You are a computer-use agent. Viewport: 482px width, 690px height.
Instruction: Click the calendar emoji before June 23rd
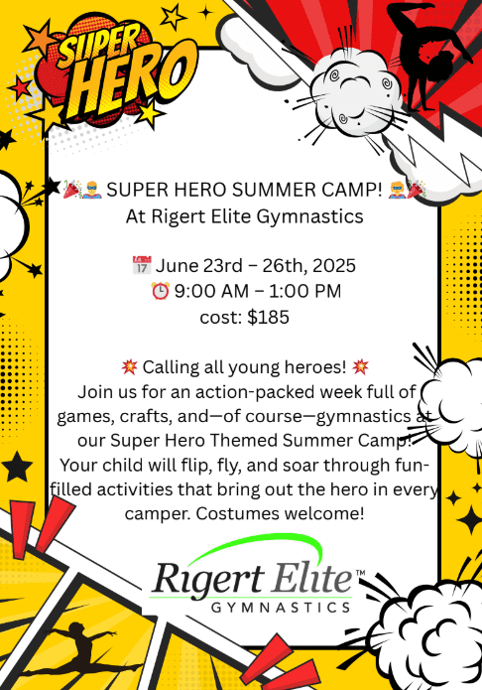142,265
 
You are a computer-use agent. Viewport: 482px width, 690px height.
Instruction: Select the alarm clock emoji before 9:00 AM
160,291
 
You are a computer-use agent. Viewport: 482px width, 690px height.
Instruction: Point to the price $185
268,318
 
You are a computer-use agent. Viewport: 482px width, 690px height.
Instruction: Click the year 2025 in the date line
334,265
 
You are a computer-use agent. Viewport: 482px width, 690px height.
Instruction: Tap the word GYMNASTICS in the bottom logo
281,608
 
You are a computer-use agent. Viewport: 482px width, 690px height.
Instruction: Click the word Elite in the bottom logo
311,577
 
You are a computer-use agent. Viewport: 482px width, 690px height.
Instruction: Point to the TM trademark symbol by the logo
360,573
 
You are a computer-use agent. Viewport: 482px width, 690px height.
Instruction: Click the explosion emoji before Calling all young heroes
130,366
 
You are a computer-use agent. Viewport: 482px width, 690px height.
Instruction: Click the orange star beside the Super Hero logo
40,39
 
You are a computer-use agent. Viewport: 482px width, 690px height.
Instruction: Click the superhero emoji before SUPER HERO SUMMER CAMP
93,190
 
